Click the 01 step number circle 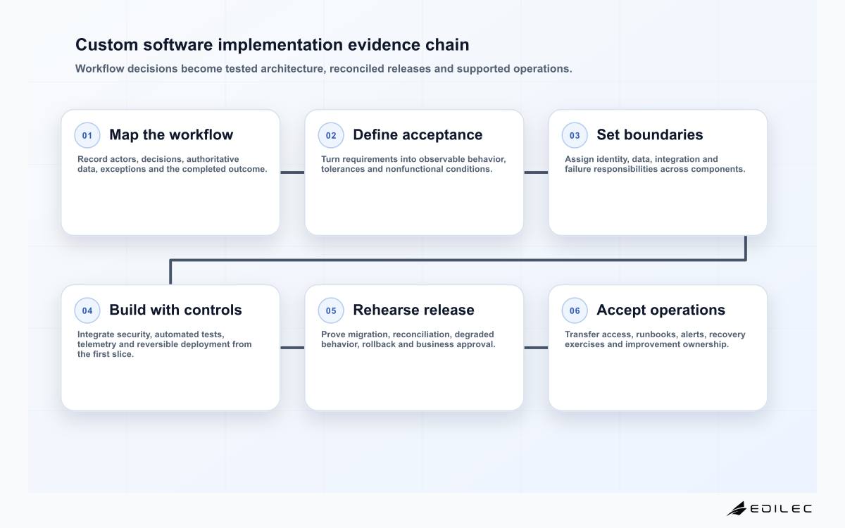tap(87, 135)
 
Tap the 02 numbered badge tap(331, 135)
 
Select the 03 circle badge tap(575, 135)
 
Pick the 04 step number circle tap(87, 310)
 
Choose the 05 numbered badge tap(331, 310)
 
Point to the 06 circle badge tap(575, 310)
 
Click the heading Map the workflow tap(171, 134)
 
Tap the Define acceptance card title tap(418, 134)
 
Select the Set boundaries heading tap(649, 134)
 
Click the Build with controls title tap(175, 310)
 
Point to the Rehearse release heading tap(413, 310)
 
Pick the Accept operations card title tap(661, 310)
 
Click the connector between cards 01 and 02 tap(292, 172)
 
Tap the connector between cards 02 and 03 tap(536, 172)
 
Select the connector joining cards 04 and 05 tap(292, 348)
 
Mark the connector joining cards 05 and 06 tap(536, 348)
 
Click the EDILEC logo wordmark tap(780, 509)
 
